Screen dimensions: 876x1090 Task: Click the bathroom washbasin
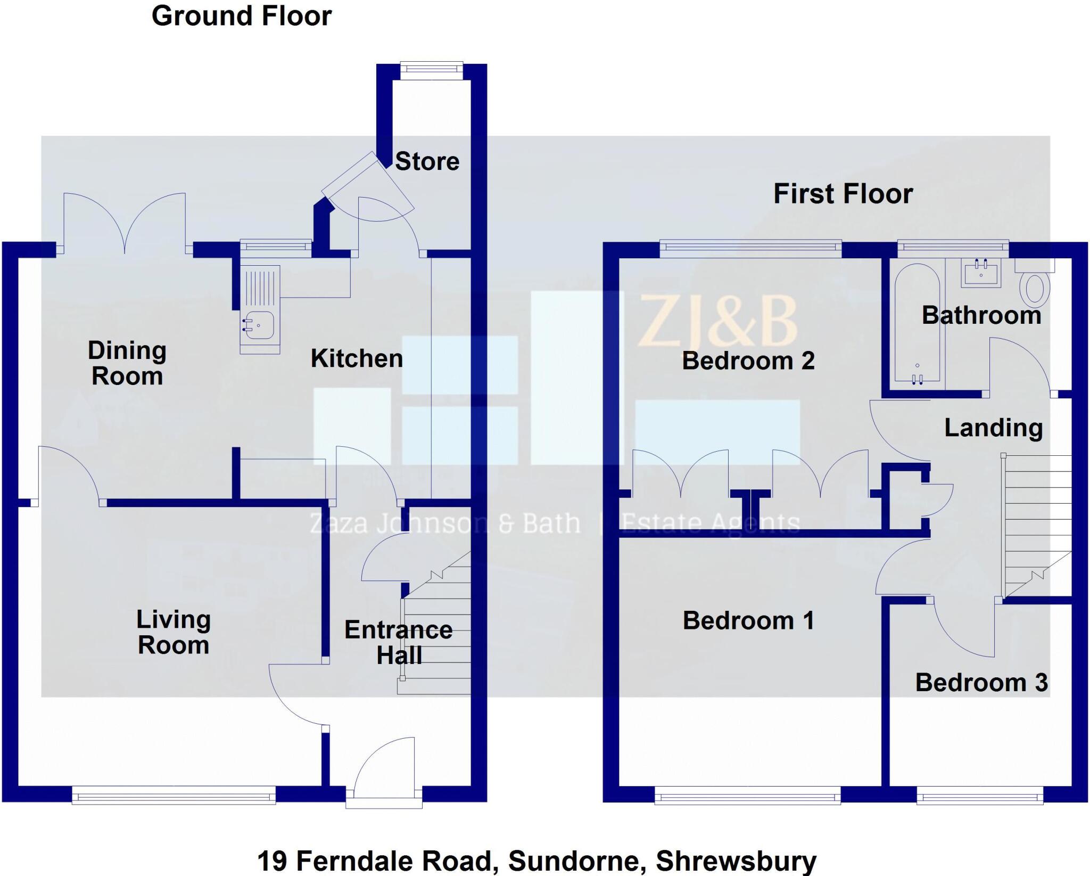(x=981, y=273)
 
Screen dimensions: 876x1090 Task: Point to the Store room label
(x=427, y=161)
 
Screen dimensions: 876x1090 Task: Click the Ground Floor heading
(x=242, y=16)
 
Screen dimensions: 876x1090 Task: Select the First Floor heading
(x=843, y=193)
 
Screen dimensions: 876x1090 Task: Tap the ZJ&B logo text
(x=717, y=322)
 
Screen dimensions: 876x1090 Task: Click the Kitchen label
(x=357, y=358)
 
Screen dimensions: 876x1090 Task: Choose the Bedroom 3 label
(x=981, y=683)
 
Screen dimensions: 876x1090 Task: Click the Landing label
(x=993, y=428)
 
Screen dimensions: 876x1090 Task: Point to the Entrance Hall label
(x=399, y=643)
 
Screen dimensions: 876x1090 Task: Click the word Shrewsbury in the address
(x=736, y=861)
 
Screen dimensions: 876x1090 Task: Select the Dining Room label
(x=127, y=363)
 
